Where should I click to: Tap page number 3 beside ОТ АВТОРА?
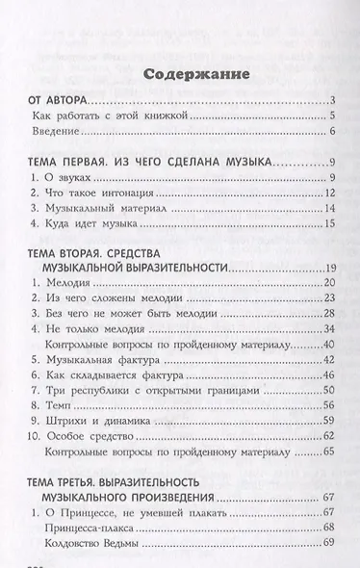[x=329, y=100]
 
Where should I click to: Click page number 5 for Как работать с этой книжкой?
[x=329, y=116]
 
